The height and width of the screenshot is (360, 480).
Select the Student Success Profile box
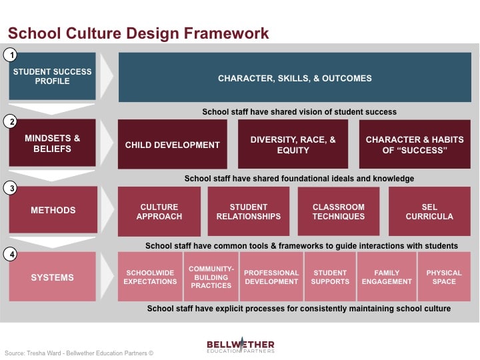tap(52, 77)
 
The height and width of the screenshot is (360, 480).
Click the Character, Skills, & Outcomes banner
tap(295, 77)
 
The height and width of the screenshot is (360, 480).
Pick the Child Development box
tap(173, 144)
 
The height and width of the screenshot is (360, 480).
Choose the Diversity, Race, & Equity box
tap(293, 144)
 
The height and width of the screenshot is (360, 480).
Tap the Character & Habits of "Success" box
tap(415, 144)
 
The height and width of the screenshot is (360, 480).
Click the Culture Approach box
tap(159, 211)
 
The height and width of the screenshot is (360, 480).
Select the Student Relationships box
tap(249, 211)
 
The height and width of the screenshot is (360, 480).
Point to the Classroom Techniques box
tap(339, 211)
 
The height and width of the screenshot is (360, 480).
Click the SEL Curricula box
tap(429, 211)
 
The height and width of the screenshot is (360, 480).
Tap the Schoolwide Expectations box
tap(151, 277)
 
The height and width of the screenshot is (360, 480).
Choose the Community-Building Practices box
tap(211, 277)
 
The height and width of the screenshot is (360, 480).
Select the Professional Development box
tap(271, 277)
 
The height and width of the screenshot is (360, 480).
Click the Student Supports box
tap(330, 277)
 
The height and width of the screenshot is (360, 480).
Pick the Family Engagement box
tap(387, 277)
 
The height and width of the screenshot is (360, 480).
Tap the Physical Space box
tap(444, 277)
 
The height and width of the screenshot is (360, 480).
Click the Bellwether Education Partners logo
tap(240, 345)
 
